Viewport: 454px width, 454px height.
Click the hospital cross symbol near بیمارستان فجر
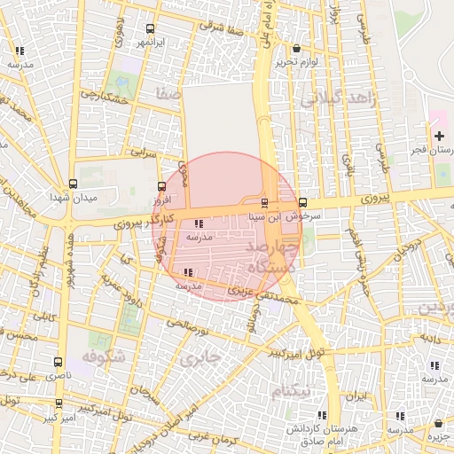click(439, 136)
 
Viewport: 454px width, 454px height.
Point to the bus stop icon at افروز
click(160, 186)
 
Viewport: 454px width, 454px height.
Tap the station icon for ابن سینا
click(264, 203)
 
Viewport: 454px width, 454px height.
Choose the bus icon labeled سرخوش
click(303, 202)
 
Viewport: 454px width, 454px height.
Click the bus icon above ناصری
click(59, 363)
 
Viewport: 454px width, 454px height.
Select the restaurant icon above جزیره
click(436, 424)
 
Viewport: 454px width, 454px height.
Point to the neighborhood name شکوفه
click(100, 356)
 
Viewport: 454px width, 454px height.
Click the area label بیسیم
click(290, 390)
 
